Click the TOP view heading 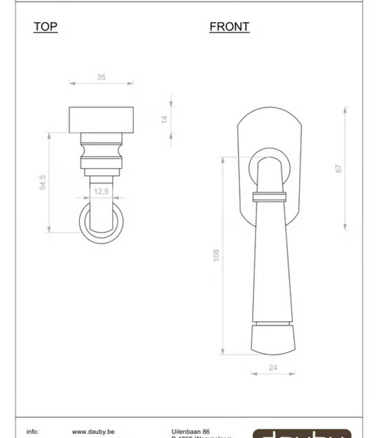(45, 27)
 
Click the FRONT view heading (229, 27)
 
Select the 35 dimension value (101, 77)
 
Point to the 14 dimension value (165, 119)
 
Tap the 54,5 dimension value (43, 182)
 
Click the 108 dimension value (216, 255)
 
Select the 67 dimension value (339, 168)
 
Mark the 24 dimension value (273, 367)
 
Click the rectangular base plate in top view (101, 120)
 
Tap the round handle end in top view (101, 221)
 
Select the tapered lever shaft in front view (273, 263)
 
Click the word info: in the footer (33, 432)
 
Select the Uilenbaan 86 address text (191, 432)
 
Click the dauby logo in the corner (302, 434)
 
